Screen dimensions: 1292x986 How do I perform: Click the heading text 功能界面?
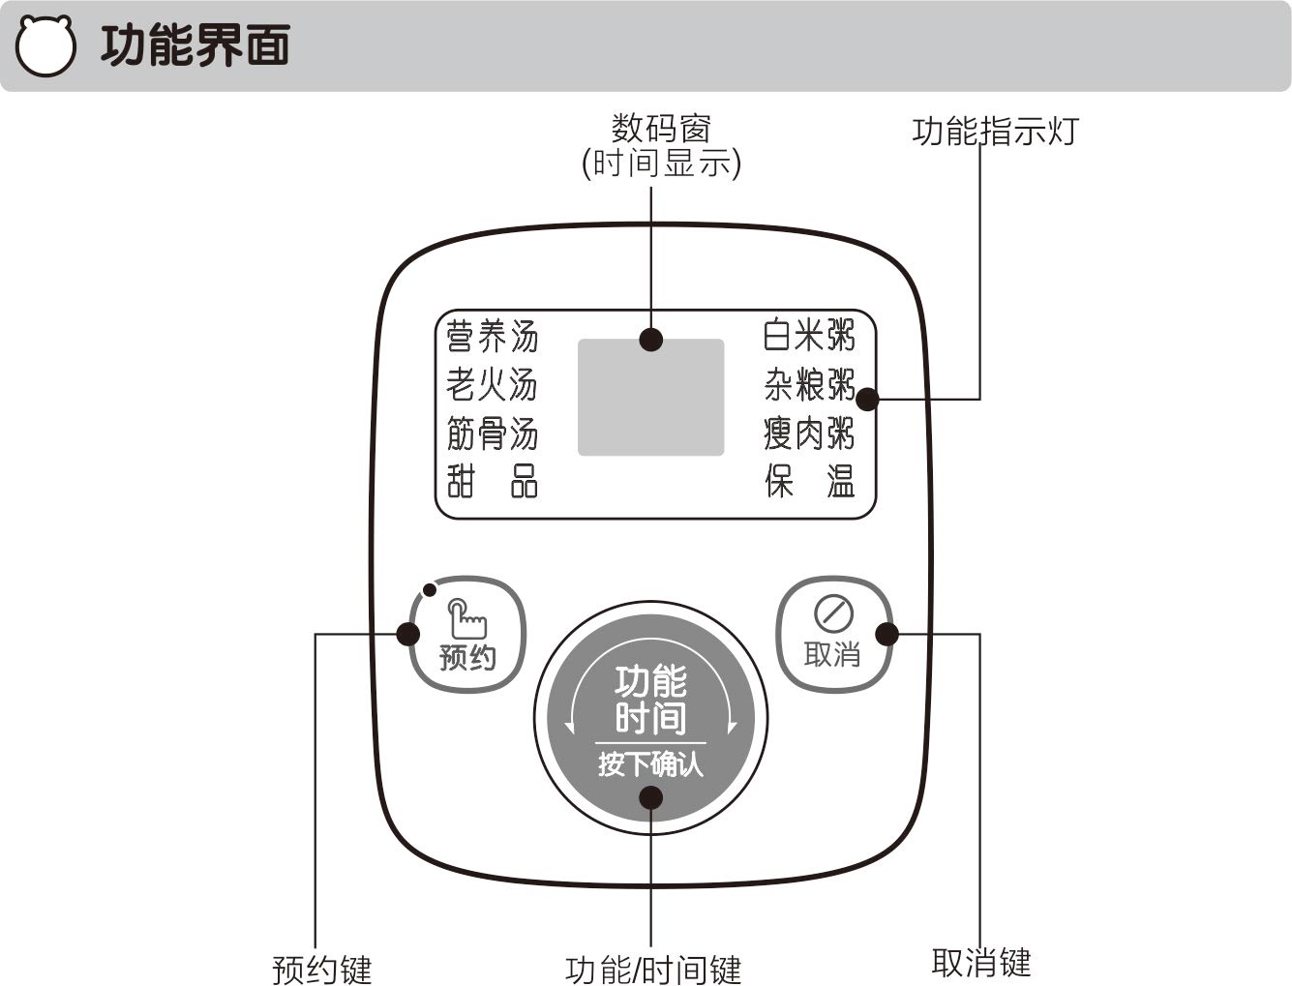(x=195, y=45)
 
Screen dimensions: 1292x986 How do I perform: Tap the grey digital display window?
(x=650, y=397)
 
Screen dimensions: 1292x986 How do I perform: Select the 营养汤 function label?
(x=492, y=337)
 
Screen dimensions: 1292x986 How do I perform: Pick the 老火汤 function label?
(x=492, y=385)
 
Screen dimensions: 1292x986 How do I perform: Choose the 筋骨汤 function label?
(x=492, y=433)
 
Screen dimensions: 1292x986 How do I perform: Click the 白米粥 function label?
(x=809, y=335)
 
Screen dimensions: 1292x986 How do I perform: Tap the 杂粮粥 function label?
(x=809, y=385)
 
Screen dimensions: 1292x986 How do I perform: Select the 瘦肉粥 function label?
(x=809, y=433)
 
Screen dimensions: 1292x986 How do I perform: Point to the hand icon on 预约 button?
(x=467, y=618)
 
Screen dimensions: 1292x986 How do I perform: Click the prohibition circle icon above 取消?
(x=833, y=613)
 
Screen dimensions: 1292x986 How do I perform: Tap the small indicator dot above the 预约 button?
(x=431, y=589)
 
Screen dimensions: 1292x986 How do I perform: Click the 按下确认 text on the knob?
(x=650, y=764)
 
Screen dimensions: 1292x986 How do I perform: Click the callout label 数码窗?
(x=661, y=129)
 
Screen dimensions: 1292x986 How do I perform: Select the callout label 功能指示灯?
(x=995, y=132)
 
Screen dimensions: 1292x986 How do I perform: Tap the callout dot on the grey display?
(x=651, y=340)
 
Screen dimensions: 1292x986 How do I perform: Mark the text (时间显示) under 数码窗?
(x=661, y=163)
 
